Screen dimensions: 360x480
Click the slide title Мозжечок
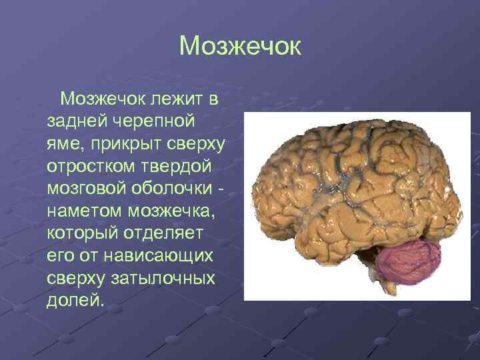[240, 47]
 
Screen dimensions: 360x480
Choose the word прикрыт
[119, 144]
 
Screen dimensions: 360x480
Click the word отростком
[86, 166]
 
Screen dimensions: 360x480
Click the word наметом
[81, 210]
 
